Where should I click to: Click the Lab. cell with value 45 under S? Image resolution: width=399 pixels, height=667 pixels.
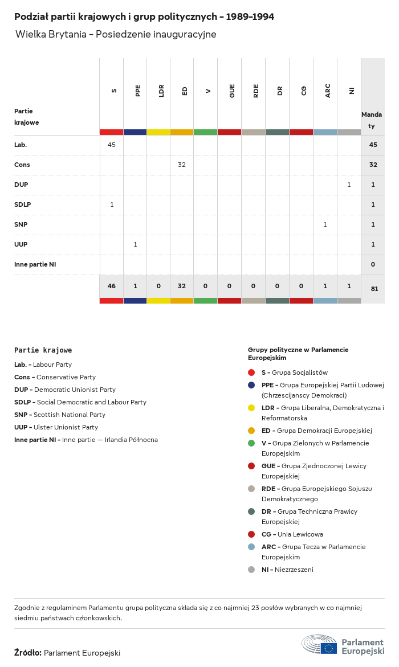[x=112, y=145]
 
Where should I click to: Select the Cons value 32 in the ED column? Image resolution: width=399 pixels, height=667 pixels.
[x=182, y=165]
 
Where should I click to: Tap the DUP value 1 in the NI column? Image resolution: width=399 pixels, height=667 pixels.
[x=349, y=185]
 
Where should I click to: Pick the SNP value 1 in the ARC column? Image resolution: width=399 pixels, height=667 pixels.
[x=325, y=224]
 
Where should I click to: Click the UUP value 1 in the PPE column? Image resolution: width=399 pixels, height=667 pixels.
[x=135, y=244]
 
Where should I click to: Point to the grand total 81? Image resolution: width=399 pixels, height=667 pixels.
[x=374, y=289]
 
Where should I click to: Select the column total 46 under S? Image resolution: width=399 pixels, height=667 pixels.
[x=112, y=286]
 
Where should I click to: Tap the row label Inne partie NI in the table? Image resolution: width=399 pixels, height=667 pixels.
[x=35, y=264]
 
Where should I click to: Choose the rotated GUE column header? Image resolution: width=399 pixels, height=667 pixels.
[x=232, y=91]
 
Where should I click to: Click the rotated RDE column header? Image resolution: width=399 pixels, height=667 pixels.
[x=256, y=91]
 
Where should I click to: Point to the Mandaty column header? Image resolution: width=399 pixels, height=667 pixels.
[x=372, y=120]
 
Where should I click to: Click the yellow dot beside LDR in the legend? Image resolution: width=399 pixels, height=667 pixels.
[x=251, y=408]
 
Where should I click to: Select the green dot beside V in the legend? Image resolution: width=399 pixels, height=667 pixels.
[x=251, y=443]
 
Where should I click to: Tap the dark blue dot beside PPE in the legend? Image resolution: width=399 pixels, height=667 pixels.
[x=251, y=385]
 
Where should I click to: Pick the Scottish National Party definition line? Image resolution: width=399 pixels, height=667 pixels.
[x=60, y=415]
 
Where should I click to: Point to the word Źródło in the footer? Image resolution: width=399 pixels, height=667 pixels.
[x=28, y=653]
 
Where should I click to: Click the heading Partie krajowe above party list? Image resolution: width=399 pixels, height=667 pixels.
[x=43, y=350]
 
